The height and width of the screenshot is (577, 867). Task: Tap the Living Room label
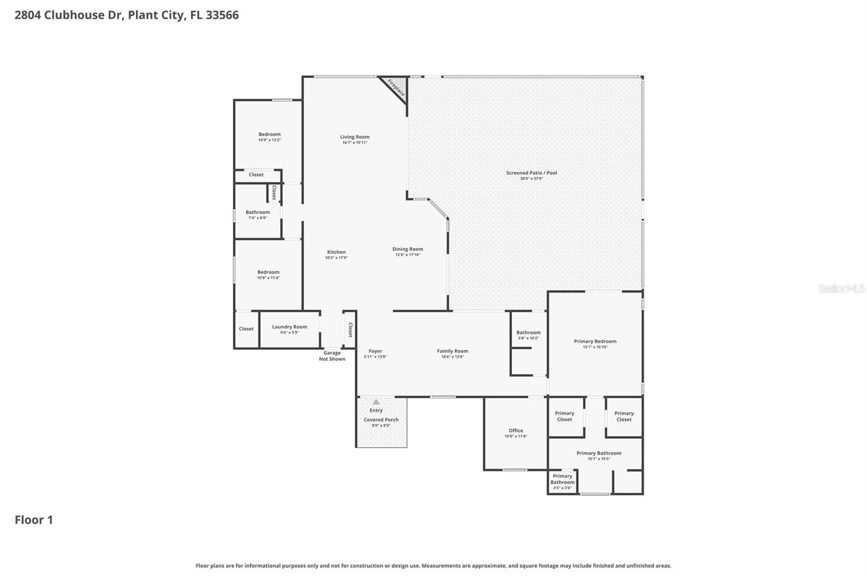[355, 137]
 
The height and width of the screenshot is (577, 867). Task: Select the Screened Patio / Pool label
[531, 173]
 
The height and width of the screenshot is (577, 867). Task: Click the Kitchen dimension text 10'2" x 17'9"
[336, 258]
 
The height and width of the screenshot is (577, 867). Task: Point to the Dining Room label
[407, 249]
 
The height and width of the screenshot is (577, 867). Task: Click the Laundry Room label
[289, 326]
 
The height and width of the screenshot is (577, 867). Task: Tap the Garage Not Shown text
[332, 356]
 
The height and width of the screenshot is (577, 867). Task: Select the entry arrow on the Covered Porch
[376, 402]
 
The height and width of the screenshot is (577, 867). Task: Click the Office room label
[515, 430]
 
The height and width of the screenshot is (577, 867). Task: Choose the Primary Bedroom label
[595, 341]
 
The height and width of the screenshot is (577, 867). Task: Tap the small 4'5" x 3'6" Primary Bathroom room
[562, 482]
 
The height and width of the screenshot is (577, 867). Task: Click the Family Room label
[452, 351]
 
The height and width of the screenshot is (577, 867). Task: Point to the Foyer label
[375, 351]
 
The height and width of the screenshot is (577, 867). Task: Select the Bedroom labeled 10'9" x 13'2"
[269, 134]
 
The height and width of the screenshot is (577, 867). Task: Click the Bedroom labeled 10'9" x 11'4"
[268, 272]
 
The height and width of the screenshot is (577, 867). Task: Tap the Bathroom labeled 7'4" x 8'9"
[257, 212]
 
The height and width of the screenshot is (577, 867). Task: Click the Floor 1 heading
[34, 520]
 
